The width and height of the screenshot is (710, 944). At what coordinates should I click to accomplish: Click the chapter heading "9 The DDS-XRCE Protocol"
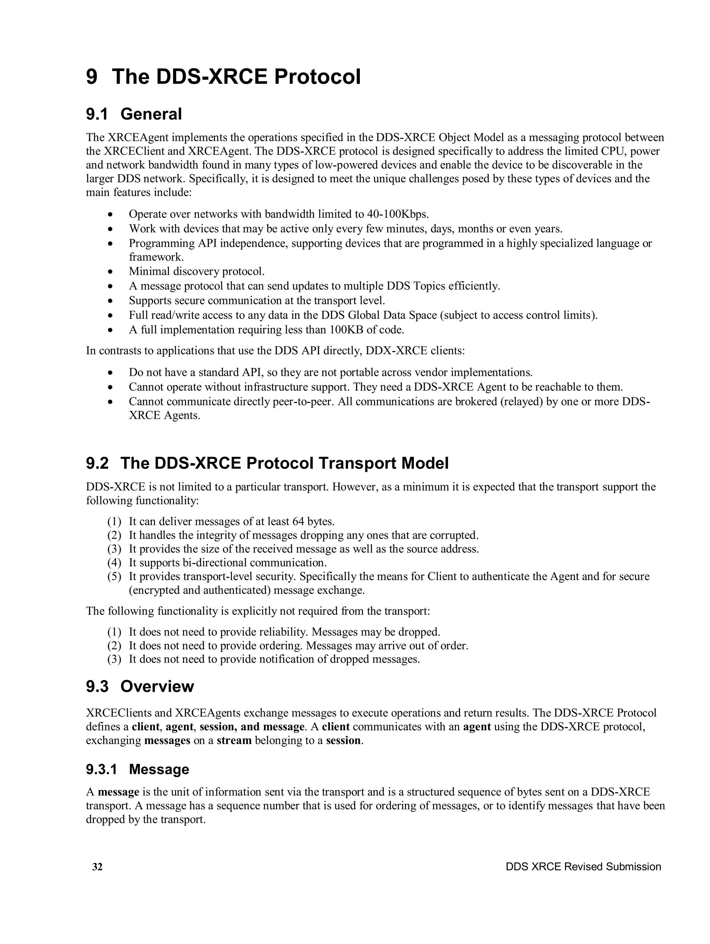[x=223, y=77]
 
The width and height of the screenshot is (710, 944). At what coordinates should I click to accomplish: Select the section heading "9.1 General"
[x=134, y=114]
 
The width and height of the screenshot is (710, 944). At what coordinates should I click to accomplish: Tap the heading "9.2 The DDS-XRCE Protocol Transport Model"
[x=267, y=463]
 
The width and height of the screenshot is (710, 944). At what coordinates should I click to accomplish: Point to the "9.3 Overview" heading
[x=140, y=686]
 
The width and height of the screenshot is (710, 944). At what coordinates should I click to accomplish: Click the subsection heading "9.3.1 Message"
[x=137, y=769]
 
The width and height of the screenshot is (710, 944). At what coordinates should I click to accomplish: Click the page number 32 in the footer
[x=97, y=867]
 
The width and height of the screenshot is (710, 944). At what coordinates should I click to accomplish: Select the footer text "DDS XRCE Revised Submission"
[x=583, y=867]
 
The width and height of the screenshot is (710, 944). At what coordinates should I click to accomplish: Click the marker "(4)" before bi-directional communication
[x=114, y=563]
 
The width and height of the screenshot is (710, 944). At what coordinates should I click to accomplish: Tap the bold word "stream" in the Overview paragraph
[x=234, y=740]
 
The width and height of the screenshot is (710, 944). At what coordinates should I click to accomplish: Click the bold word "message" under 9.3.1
[x=118, y=792]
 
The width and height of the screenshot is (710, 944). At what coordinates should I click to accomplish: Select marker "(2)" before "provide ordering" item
[x=114, y=646]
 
